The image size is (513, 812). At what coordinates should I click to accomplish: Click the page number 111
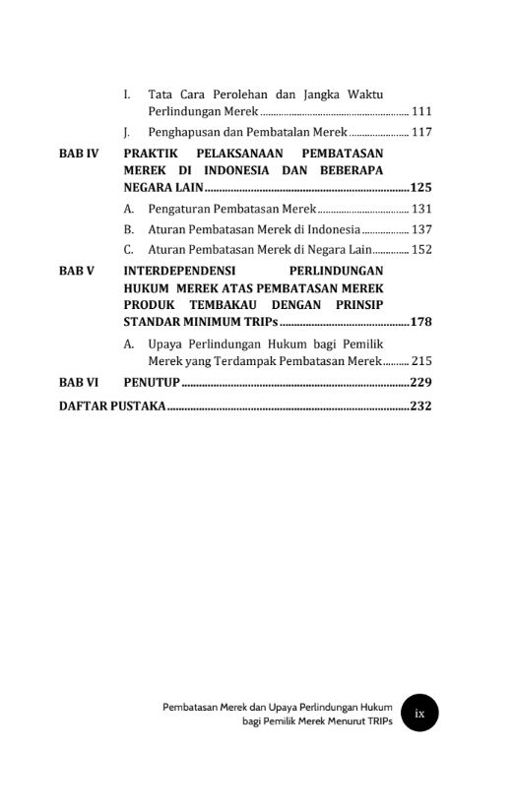(421, 112)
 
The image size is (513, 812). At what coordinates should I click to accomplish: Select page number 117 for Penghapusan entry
(421, 132)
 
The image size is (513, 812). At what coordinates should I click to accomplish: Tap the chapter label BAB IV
(78, 154)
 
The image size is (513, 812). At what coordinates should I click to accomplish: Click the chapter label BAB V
(76, 270)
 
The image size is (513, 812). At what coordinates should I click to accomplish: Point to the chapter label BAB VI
(78, 382)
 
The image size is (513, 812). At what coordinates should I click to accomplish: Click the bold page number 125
(421, 187)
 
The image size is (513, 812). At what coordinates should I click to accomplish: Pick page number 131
(421, 209)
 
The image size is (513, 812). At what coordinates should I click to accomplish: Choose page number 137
(421, 228)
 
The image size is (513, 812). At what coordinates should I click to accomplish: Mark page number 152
(421, 249)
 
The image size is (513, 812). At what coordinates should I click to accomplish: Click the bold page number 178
(421, 322)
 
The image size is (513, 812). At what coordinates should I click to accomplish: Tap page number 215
(421, 361)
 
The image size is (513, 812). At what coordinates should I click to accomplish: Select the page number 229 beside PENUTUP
(421, 382)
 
